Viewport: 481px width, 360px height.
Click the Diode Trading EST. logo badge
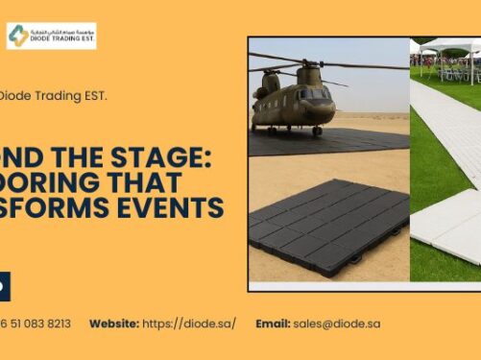pyautogui.click(x=51, y=36)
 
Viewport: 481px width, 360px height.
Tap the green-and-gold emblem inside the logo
pyautogui.click(x=18, y=36)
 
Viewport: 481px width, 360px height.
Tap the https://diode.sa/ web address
pyautogui.click(x=188, y=324)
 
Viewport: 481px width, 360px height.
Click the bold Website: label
pyautogui.click(x=114, y=324)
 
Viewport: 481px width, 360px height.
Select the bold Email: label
pyautogui.click(x=273, y=324)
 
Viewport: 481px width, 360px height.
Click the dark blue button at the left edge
pyautogui.click(x=5, y=285)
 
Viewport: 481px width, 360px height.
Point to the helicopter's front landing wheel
pyautogui.click(x=318, y=131)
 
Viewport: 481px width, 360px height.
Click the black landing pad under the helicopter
pyautogui.click(x=317, y=142)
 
